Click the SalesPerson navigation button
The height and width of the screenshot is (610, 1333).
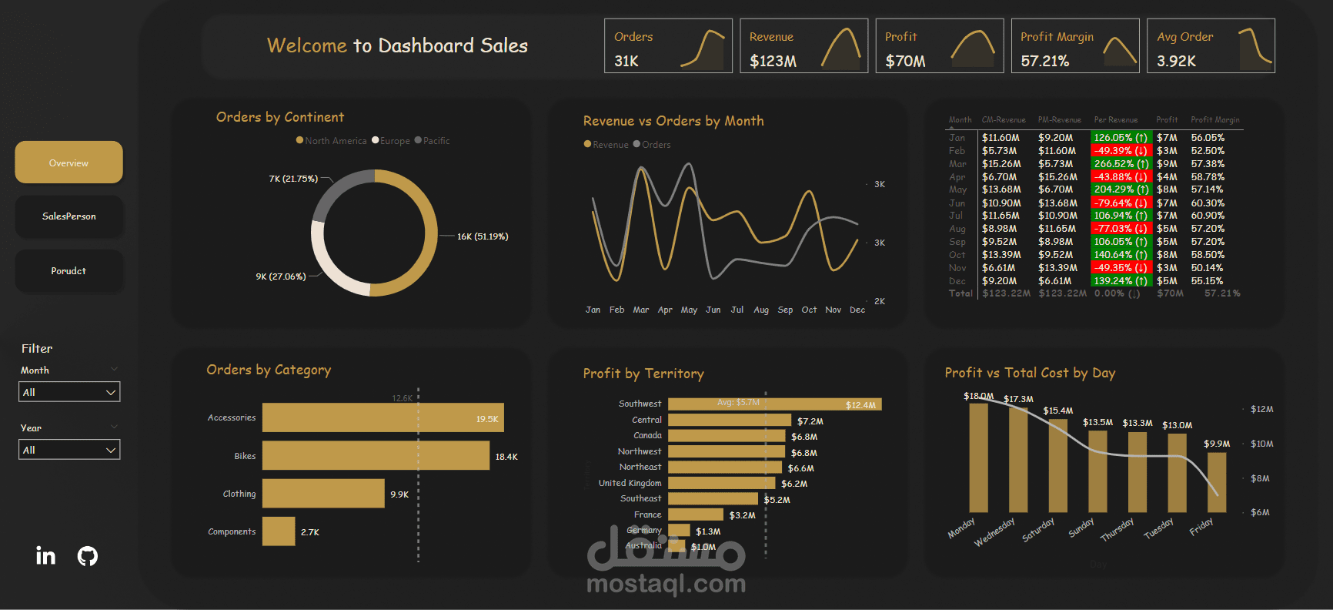click(68, 216)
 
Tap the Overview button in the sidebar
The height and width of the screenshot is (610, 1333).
click(68, 163)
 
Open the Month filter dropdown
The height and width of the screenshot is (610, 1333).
click(69, 392)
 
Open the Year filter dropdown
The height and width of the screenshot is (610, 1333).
click(69, 450)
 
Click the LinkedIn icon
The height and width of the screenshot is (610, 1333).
click(45, 555)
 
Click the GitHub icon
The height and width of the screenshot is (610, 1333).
click(88, 555)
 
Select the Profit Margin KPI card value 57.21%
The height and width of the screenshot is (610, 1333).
click(1044, 61)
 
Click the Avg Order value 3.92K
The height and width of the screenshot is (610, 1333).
click(1176, 61)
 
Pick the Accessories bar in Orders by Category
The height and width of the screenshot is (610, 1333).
click(383, 417)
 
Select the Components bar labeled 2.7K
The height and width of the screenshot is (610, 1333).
click(279, 531)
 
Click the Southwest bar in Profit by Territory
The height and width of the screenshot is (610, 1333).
click(773, 404)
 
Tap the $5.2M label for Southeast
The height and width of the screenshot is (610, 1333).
click(777, 500)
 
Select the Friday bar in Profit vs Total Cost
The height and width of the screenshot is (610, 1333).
click(1217, 482)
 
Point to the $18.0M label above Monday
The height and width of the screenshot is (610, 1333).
click(978, 396)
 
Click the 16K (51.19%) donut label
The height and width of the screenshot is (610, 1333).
click(483, 236)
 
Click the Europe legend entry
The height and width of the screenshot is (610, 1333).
click(394, 141)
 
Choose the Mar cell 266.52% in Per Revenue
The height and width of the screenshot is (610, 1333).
click(1121, 164)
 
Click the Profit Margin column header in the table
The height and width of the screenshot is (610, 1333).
click(1214, 120)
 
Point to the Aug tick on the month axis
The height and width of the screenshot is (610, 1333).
click(761, 310)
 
